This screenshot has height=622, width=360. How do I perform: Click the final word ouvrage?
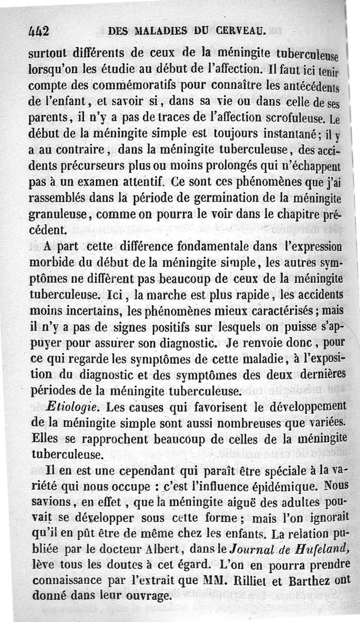[144, 596]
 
